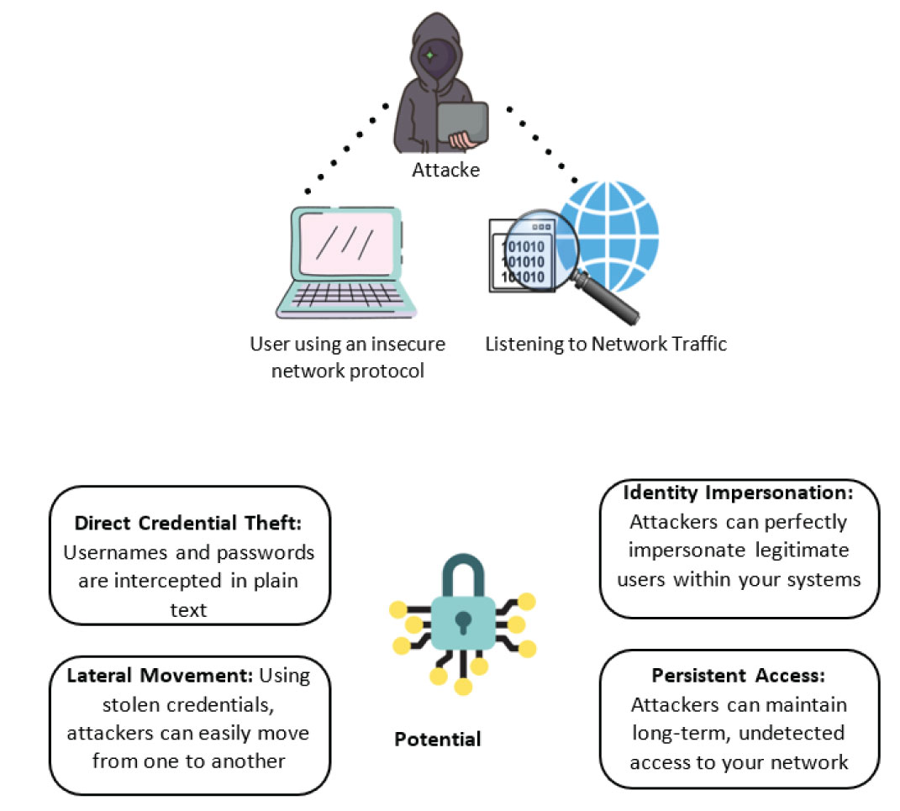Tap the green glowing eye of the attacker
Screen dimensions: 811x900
[x=430, y=55]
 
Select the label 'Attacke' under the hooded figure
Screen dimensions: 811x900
[x=445, y=170]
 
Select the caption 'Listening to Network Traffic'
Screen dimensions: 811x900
[x=606, y=344]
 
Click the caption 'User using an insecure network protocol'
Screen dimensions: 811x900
[x=347, y=356]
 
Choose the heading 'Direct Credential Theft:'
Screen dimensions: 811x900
[x=188, y=523]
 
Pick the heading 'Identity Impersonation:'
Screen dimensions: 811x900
[x=739, y=492]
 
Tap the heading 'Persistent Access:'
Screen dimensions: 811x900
[x=739, y=676]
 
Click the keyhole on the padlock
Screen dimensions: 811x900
[x=461, y=623]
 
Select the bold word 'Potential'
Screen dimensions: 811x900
[x=437, y=740]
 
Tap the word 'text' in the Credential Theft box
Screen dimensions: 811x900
[x=188, y=609]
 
